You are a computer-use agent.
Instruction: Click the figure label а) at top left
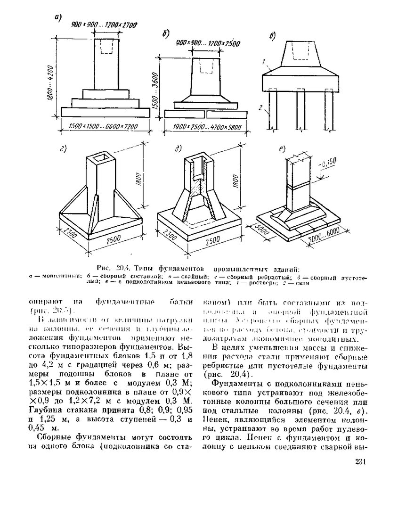(x=58, y=18)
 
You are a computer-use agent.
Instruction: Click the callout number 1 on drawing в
(x=265, y=61)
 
